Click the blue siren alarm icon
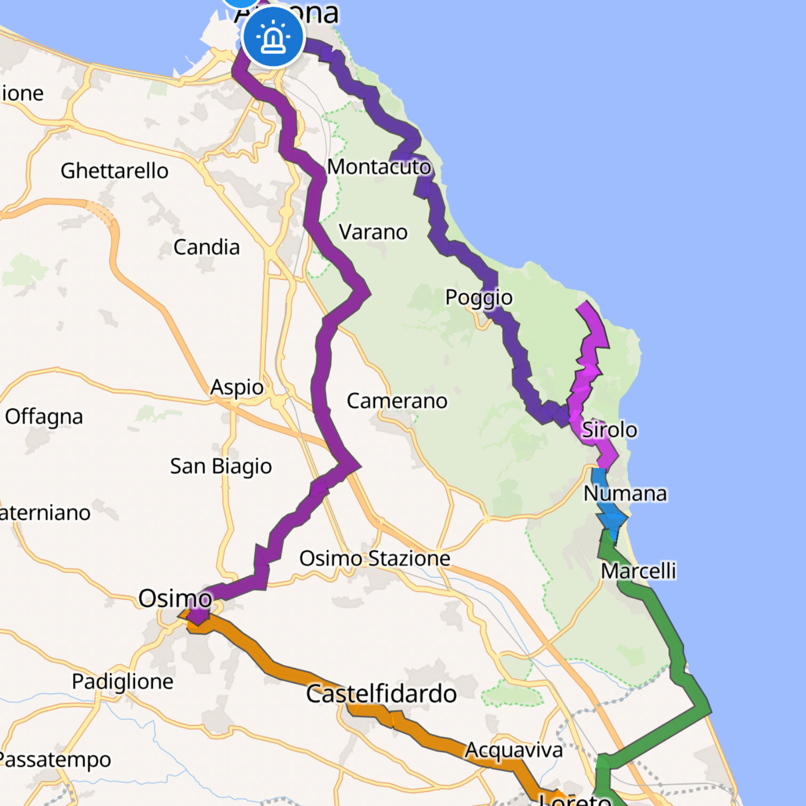273,37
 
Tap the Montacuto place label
378,167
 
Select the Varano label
373,232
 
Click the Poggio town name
479,297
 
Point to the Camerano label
397,401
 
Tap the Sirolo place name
609,430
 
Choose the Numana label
625,494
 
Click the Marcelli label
638,571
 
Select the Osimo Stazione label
375,559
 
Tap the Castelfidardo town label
381,694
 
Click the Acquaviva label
514,750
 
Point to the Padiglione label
123,681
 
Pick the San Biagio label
221,466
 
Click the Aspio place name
237,387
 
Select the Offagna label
44,416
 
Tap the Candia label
206,247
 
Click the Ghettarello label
114,171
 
